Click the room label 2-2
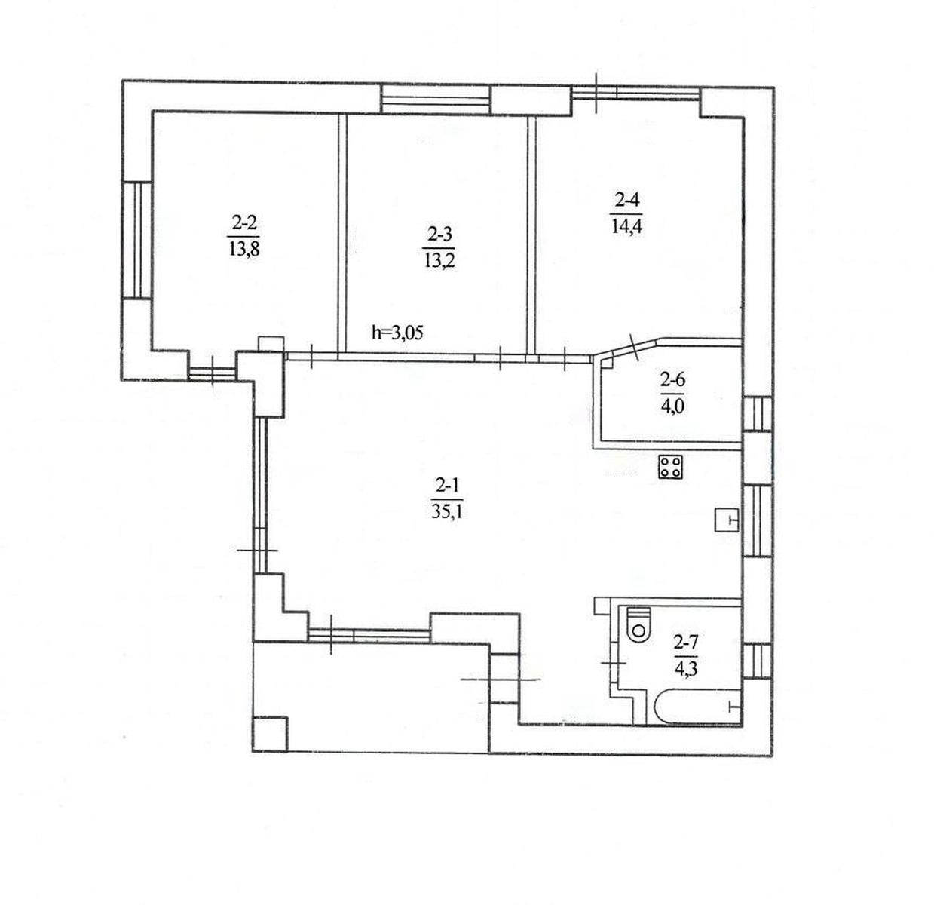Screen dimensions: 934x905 [x=244, y=223]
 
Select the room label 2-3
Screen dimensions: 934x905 [x=439, y=235]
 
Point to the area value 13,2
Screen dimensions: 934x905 [x=439, y=261]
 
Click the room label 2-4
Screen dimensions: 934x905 [x=626, y=199]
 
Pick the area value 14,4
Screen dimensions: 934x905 [x=626, y=225]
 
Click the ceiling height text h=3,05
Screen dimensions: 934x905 [x=397, y=333]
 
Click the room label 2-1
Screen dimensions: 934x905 [x=447, y=486]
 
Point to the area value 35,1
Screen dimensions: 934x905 [x=447, y=513]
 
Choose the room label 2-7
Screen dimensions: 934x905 [x=686, y=642]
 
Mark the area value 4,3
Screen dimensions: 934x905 [x=686, y=669]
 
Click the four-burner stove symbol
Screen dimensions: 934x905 [x=670, y=466]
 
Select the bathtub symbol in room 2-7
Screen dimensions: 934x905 [x=697, y=706]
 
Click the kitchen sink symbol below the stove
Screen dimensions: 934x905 [x=727, y=520]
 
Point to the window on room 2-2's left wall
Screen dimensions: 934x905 [x=137, y=240]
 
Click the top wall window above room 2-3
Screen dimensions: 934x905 [x=435, y=100]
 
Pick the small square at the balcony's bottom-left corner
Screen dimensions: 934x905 [x=270, y=734]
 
